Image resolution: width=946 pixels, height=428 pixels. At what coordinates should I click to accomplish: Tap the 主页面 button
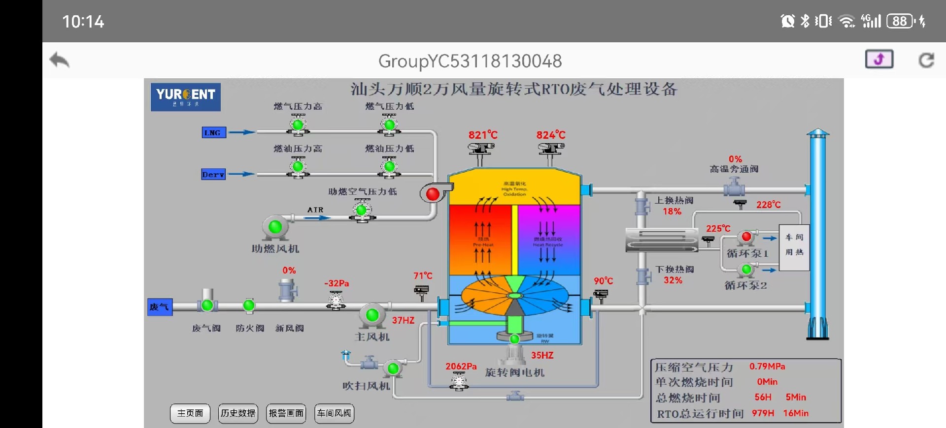(x=190, y=413)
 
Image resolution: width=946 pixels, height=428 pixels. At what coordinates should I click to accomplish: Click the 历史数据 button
(x=238, y=413)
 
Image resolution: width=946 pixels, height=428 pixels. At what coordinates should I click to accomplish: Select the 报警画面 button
(x=286, y=413)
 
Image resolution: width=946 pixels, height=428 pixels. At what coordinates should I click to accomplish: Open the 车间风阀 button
(x=334, y=413)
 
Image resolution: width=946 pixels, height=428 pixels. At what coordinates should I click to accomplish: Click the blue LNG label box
(x=213, y=133)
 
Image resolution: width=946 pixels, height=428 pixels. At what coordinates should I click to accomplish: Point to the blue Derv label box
(x=213, y=175)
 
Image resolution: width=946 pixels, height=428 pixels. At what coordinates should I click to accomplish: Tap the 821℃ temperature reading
(x=483, y=135)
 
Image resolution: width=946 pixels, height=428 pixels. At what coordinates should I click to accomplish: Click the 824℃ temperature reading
(x=551, y=135)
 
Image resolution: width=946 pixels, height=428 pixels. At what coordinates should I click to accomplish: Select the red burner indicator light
(x=433, y=194)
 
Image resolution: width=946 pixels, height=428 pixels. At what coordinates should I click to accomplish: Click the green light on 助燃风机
(x=275, y=227)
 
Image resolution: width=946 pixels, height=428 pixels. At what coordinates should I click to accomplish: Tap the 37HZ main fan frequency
(x=403, y=320)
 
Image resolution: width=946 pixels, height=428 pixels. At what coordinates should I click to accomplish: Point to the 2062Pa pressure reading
(x=461, y=367)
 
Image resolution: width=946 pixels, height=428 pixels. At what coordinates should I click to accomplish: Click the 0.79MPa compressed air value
(x=767, y=367)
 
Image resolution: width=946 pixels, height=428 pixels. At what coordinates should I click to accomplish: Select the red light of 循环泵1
(x=746, y=237)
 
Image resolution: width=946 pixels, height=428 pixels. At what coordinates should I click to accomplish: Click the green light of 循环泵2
(x=746, y=269)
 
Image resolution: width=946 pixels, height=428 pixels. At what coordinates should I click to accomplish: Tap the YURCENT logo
(x=186, y=97)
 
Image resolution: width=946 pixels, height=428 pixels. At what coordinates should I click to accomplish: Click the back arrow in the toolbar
(x=60, y=61)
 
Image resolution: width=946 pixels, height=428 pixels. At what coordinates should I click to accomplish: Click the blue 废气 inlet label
(x=160, y=307)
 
